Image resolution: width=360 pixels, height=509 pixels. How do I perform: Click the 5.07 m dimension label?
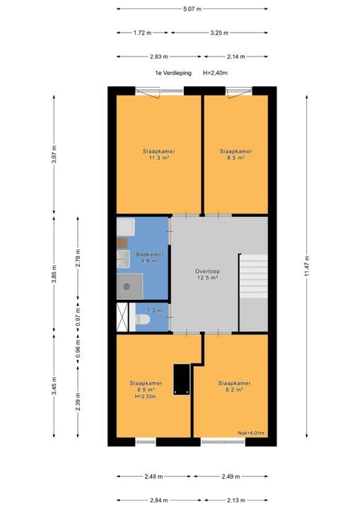tap(192, 8)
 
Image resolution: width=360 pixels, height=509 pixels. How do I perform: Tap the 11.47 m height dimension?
tap(307, 267)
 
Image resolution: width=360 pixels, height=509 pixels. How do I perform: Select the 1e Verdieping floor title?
tap(173, 73)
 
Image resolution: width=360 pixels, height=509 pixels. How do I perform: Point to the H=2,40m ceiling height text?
tap(215, 73)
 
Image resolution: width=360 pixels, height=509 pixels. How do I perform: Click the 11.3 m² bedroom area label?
tap(159, 158)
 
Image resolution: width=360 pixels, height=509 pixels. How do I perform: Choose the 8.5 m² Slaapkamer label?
tap(236, 155)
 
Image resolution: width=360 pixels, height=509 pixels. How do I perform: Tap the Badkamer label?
tap(149, 255)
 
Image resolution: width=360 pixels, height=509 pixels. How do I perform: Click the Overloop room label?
tap(207, 271)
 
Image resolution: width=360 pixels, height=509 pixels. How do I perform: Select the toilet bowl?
tap(143, 320)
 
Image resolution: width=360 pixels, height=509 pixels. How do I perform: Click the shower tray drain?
tap(127, 286)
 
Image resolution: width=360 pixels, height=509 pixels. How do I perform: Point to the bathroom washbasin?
tap(123, 259)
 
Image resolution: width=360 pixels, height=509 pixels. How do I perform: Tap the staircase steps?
tap(253, 276)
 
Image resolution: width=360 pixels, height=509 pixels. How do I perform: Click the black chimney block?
tap(181, 380)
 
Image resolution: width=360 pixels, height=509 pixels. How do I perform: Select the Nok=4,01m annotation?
tap(251, 433)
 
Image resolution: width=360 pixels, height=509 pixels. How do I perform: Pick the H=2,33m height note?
tap(145, 397)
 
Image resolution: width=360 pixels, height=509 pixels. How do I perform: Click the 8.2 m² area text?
tap(234, 390)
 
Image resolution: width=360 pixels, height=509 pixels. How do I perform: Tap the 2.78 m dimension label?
tap(78, 258)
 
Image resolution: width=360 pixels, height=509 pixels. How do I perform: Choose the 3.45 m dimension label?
tap(54, 386)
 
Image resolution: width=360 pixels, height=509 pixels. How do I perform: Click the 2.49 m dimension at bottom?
tap(231, 476)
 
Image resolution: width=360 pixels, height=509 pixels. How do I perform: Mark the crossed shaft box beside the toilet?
tap(122, 317)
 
